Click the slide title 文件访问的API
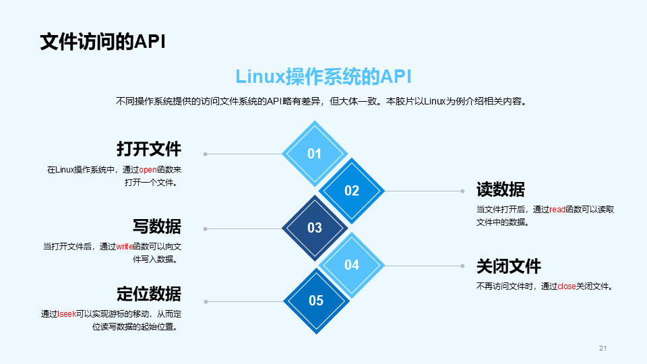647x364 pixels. click(102, 41)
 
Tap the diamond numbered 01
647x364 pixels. click(315, 154)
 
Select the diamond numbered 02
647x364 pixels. click(352, 191)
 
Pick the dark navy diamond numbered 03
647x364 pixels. click(315, 228)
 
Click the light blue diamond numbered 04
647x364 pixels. click(352, 265)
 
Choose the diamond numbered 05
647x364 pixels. click(316, 301)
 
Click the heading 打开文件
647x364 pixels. click(148, 148)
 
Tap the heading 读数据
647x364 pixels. click(500, 189)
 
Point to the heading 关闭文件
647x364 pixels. click(508, 266)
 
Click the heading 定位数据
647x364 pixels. click(148, 294)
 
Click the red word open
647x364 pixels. click(148, 170)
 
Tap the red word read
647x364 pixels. click(557, 210)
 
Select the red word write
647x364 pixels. click(125, 247)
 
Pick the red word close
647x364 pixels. click(567, 286)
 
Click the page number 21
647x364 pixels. click(603, 348)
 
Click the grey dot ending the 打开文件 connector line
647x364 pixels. click(205, 154)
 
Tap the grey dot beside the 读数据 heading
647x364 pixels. click(462, 191)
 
